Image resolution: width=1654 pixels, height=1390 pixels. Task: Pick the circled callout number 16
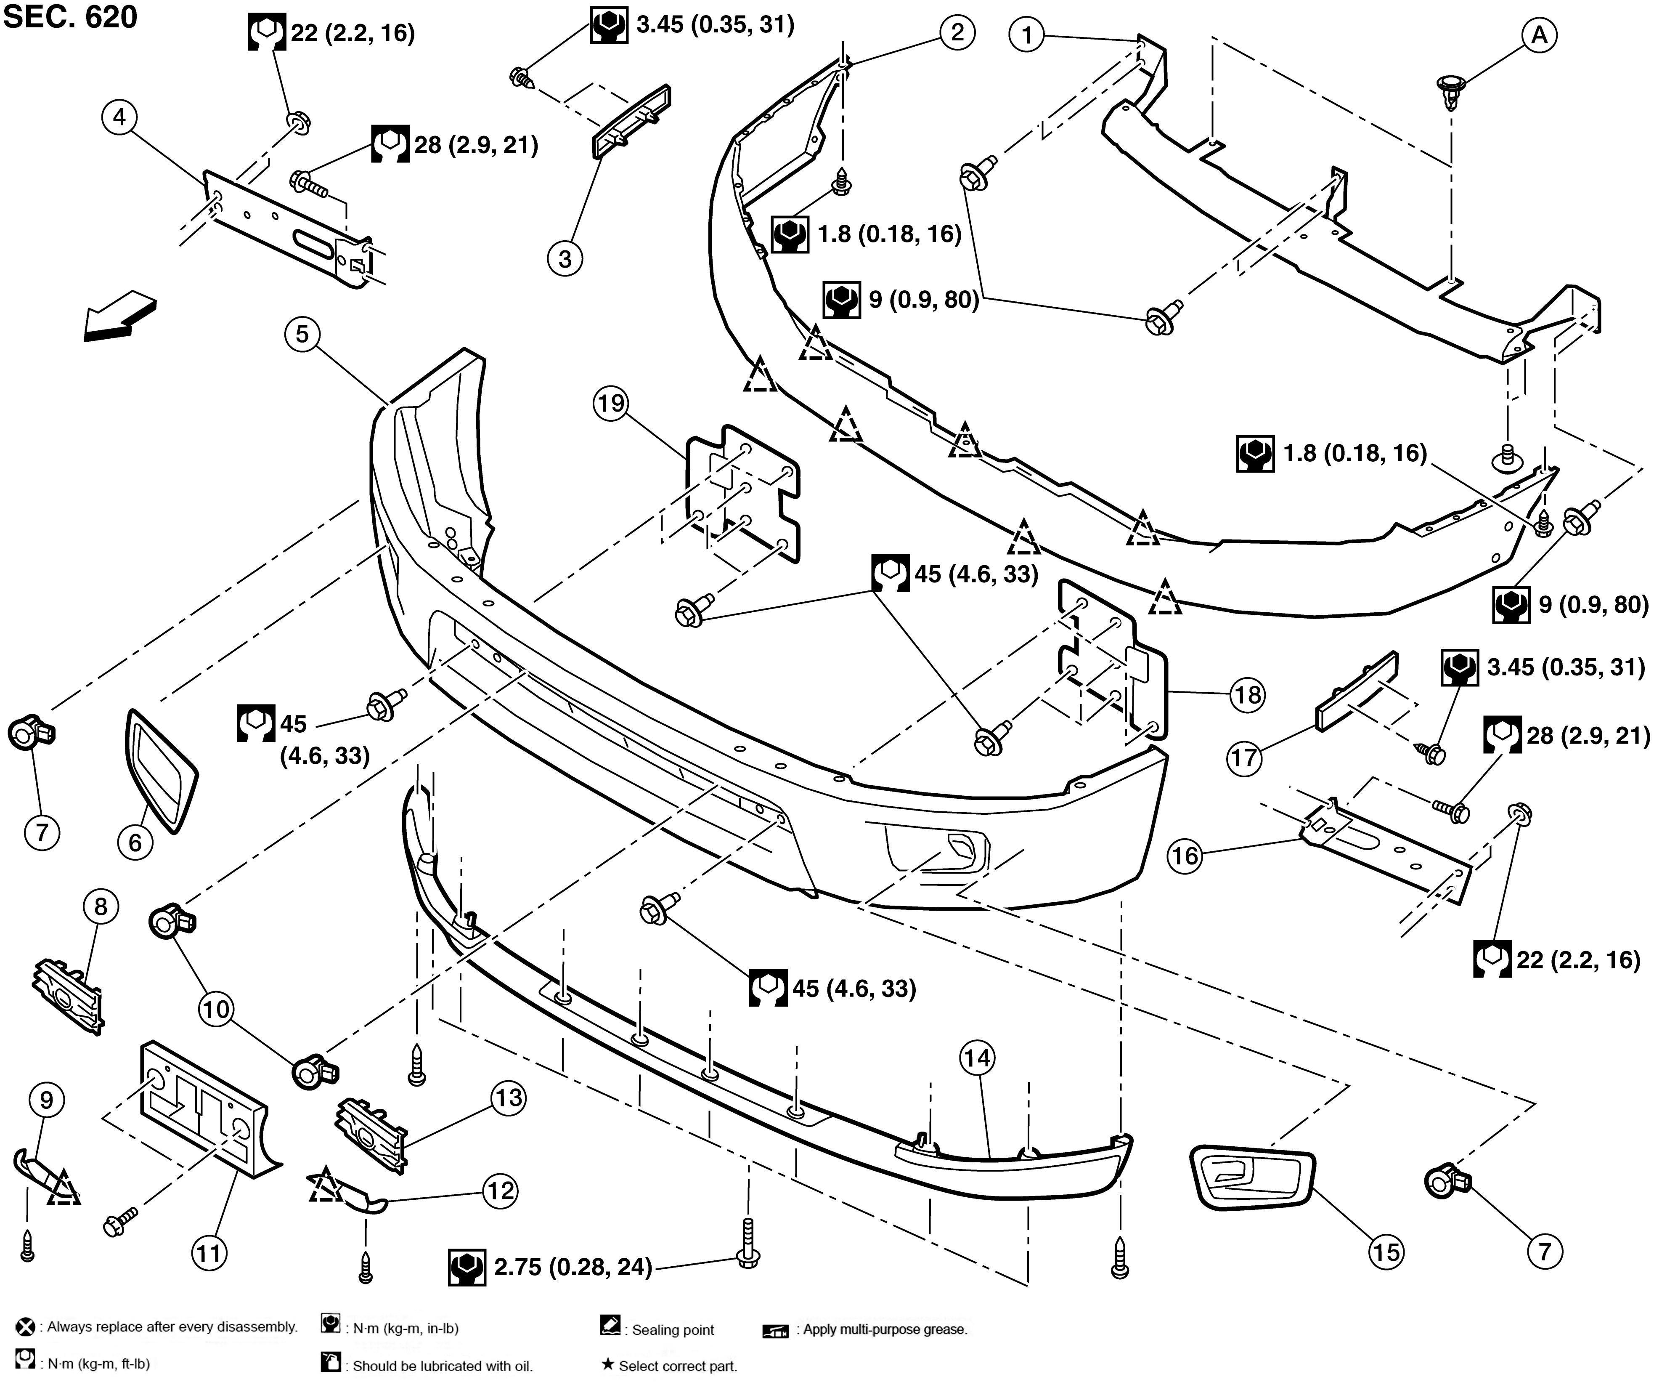(1185, 856)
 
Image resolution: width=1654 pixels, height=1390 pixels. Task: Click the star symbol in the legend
(607, 1365)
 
